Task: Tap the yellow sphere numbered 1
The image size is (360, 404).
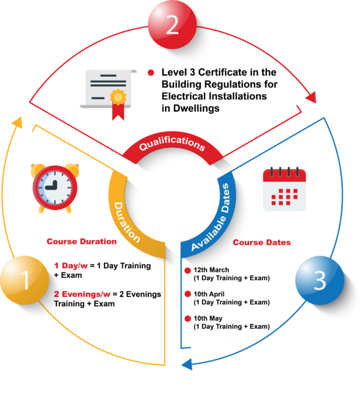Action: coord(25,280)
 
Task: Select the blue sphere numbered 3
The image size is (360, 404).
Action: coord(320,279)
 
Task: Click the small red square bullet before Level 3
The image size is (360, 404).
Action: coord(151,73)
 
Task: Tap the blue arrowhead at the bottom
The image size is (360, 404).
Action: coord(186,364)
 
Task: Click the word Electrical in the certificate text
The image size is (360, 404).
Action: coord(184,96)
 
